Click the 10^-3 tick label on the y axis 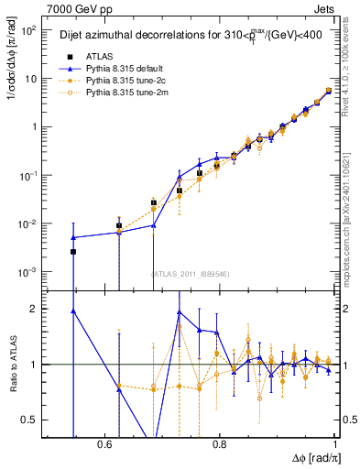29,272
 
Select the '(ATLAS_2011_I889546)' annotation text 191,272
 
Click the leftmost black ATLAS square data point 73,251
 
